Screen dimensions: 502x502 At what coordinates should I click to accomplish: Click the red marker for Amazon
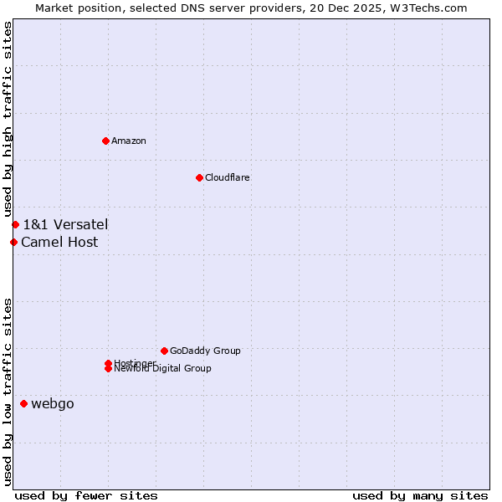point(105,141)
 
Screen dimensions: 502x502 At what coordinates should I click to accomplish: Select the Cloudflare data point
point(199,177)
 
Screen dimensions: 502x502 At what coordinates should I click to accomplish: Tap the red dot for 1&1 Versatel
point(15,224)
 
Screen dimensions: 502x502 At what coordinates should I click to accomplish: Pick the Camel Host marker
point(13,243)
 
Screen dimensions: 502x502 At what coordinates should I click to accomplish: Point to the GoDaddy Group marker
point(164,351)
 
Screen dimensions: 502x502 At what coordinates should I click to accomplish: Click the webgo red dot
point(23,404)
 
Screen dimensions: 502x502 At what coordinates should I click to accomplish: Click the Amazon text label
point(129,141)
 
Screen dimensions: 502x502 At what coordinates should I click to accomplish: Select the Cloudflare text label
point(228,177)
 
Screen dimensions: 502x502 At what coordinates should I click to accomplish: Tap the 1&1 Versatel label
point(65,224)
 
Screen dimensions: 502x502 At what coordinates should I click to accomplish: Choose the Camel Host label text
point(59,243)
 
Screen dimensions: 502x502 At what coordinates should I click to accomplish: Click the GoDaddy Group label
point(205,351)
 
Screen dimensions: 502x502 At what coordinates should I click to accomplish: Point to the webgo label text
point(53,404)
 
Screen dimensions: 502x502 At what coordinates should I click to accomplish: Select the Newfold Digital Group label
point(163,369)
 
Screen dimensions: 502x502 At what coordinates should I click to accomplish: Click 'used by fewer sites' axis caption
point(86,495)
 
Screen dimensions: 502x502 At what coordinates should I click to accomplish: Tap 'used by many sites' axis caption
point(420,495)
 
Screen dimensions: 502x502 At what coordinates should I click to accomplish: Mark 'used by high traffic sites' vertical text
point(8,119)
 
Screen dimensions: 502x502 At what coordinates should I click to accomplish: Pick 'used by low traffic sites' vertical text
point(8,392)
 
